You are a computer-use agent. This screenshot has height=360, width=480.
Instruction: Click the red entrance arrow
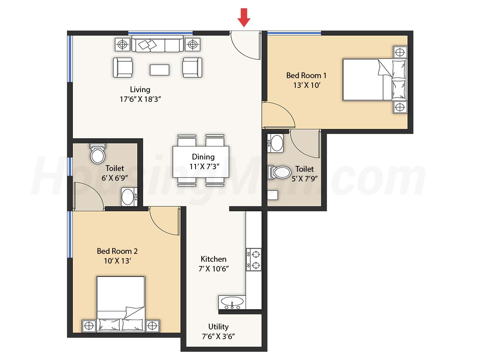click(x=244, y=18)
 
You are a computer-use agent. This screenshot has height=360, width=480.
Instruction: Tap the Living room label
click(x=140, y=89)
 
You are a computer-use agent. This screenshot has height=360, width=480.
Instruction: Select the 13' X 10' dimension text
click(x=306, y=85)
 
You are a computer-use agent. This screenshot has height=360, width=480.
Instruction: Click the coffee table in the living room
click(x=160, y=70)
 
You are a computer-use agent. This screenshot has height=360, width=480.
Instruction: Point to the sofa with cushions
click(x=157, y=44)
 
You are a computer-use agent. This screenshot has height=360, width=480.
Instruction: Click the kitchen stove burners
click(x=254, y=260)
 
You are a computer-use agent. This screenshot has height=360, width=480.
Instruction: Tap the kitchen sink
click(x=232, y=302)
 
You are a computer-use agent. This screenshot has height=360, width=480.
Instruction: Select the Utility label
click(x=219, y=327)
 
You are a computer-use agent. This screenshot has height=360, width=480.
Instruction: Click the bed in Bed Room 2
click(x=121, y=304)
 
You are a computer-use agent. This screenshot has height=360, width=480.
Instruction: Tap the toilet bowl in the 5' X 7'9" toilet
click(x=279, y=173)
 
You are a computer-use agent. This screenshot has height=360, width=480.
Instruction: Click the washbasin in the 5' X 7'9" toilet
click(x=275, y=143)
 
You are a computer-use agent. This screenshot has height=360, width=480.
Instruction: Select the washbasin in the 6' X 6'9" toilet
click(x=129, y=197)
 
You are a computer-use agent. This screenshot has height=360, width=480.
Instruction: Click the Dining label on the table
click(x=203, y=157)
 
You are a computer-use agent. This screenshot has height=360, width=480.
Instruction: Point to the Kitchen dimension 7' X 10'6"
click(x=214, y=269)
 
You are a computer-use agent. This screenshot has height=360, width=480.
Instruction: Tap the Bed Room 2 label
click(x=117, y=251)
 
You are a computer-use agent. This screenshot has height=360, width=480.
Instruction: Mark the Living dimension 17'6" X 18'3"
click(x=140, y=99)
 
